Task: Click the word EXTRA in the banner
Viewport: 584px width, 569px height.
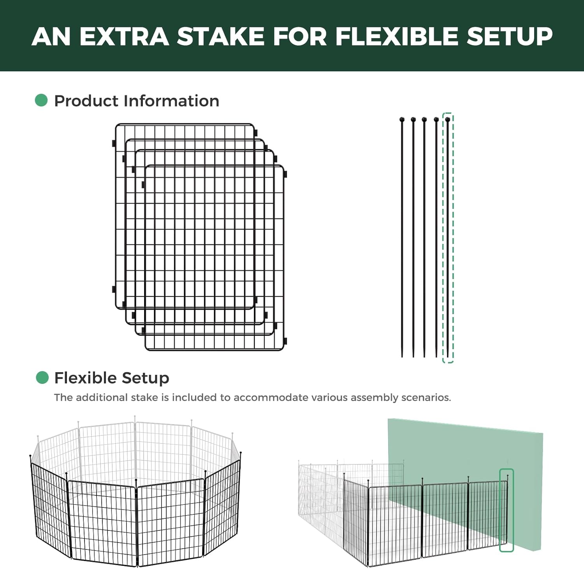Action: [x=124, y=36]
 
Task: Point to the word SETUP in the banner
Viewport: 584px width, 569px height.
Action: [x=510, y=36]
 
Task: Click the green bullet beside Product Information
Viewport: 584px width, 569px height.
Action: [x=41, y=100]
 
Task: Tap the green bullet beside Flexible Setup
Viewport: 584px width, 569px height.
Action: [x=42, y=377]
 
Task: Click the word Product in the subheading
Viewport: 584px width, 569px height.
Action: [x=86, y=101]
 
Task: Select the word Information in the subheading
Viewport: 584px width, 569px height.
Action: [x=171, y=101]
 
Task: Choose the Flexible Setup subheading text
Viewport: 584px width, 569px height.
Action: [x=112, y=378]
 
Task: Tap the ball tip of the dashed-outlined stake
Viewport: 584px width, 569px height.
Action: [x=448, y=120]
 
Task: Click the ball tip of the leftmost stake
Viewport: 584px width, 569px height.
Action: [x=402, y=120]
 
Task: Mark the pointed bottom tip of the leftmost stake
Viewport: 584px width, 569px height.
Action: [x=402, y=357]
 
